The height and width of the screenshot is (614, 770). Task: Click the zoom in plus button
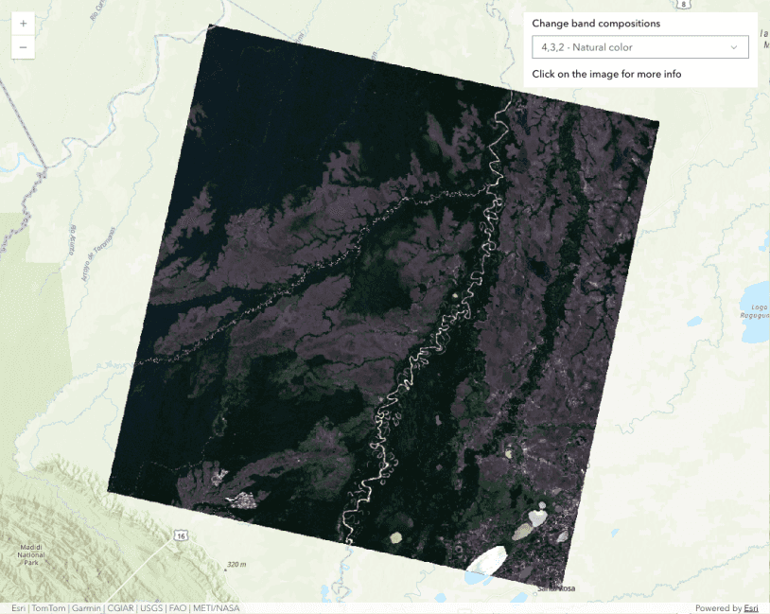pos(23,23)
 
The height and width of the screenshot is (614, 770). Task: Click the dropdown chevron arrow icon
pos(734,47)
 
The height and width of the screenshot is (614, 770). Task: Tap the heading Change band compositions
pos(596,24)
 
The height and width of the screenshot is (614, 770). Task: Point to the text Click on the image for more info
pos(606,74)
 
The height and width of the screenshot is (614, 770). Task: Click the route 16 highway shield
pos(179,536)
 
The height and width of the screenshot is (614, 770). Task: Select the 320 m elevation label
pos(236,565)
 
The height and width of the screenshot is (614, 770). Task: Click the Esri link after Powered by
pos(751,608)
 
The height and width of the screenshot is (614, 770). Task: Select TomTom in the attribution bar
pos(48,608)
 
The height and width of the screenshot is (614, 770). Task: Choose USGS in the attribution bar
pos(151,608)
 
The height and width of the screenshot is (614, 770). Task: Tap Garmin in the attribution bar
pos(87,608)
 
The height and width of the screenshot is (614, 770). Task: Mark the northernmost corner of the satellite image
pos(208,25)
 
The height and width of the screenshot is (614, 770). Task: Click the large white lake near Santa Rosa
pos(490,559)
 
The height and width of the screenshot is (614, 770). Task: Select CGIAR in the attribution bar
pos(120,608)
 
